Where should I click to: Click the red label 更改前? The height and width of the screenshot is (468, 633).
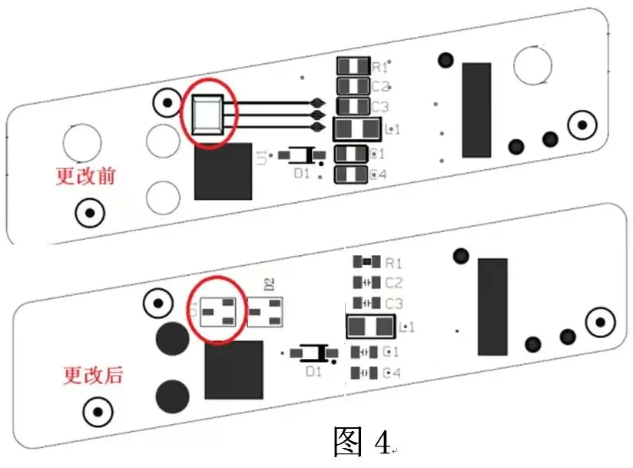[x=85, y=176]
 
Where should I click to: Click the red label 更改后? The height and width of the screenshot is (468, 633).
[x=92, y=376]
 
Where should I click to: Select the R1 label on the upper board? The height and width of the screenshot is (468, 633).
[x=380, y=68]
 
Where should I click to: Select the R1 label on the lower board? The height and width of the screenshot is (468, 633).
[x=393, y=263]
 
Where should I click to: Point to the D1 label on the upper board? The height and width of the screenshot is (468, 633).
[x=302, y=174]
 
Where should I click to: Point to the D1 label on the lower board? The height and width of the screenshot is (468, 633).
[x=313, y=371]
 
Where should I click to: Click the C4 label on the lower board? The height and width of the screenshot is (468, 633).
[x=393, y=373]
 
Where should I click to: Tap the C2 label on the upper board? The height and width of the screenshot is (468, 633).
[x=380, y=87]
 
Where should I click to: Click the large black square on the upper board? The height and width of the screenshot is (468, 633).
[x=223, y=171]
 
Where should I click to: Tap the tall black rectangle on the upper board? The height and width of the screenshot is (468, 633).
[x=476, y=108]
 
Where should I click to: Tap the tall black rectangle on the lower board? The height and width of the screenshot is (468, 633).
[x=492, y=306]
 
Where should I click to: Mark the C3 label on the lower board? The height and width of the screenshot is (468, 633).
[x=393, y=304]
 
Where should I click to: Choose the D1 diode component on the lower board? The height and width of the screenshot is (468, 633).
[x=313, y=353]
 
